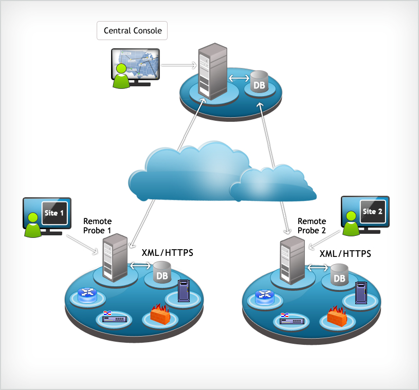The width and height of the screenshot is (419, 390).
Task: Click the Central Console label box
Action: pyautogui.click(x=133, y=31)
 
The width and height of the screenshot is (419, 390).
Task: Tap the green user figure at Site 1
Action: pyautogui.click(x=32, y=227)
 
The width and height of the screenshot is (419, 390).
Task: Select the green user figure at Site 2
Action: pyautogui.click(x=351, y=224)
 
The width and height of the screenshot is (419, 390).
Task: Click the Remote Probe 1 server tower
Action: pyautogui.click(x=115, y=257)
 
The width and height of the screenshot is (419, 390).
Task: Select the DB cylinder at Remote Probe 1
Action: pyautogui.click(x=161, y=273)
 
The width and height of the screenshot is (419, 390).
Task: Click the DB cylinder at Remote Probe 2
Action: pyautogui.click(x=339, y=275)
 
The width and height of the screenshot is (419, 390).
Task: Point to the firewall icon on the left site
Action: pyautogui.click(x=161, y=314)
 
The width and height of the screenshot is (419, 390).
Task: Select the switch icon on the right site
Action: pyautogui.click(x=292, y=319)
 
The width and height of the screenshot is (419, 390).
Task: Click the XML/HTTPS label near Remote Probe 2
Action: pyautogui.click(x=345, y=254)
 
